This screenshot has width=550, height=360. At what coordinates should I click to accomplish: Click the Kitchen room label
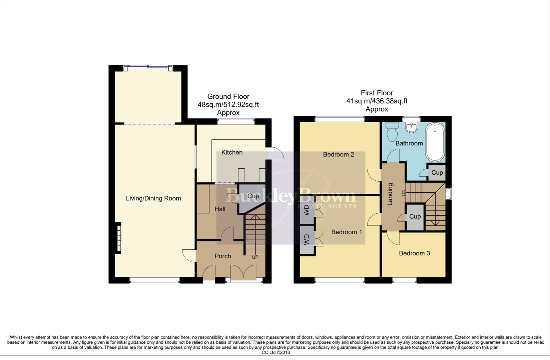coord(232,152)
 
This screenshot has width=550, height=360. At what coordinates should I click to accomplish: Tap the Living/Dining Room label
coord(153,198)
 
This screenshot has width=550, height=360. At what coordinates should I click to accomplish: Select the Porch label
coord(222,256)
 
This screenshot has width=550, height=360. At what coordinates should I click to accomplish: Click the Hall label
coord(220,209)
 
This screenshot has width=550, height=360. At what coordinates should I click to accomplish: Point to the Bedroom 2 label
coord(339,154)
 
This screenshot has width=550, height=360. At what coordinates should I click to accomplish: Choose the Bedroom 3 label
coord(414,253)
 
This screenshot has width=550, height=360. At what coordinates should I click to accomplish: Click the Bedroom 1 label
coord(346,232)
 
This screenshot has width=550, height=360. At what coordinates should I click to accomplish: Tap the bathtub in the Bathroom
coord(435,142)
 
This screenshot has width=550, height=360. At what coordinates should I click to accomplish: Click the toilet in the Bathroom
coord(392,132)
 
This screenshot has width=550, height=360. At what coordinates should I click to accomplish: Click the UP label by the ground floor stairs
coord(255,257)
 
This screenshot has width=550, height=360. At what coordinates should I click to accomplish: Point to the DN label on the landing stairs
coord(403,193)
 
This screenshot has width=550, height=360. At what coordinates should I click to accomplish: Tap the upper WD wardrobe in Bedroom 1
coord(307,211)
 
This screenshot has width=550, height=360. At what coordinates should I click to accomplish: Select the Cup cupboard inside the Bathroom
coord(437,173)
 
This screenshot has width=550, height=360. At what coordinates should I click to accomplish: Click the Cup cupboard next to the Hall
coord(253,196)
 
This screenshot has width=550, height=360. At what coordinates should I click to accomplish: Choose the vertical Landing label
coord(390,194)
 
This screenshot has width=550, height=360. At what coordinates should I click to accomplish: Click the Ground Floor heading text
coord(228,96)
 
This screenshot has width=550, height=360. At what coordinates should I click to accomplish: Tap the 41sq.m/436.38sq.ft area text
coord(377,101)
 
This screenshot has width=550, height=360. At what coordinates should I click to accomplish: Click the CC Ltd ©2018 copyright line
coord(276,352)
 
